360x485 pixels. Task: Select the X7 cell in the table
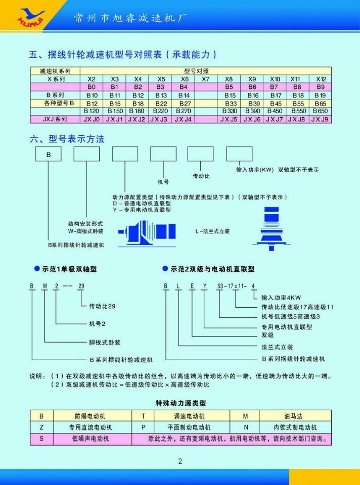click(x=205, y=79)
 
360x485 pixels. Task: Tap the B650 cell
click(x=320, y=111)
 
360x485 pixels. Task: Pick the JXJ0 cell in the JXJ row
click(x=92, y=119)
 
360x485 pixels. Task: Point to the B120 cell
click(x=92, y=111)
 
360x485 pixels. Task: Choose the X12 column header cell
click(x=321, y=79)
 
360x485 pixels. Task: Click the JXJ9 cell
click(x=320, y=119)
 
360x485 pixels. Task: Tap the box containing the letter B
click(x=48, y=154)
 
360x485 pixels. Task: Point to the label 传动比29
click(x=103, y=306)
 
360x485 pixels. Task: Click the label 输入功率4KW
click(x=281, y=298)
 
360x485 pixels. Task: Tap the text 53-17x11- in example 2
click(x=232, y=286)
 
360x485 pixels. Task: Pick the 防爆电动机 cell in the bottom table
click(x=90, y=416)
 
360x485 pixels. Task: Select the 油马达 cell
click(x=294, y=416)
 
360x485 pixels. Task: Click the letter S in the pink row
click(x=41, y=439)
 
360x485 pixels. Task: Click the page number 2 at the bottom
click(x=180, y=460)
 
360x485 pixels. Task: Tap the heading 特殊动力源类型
click(x=181, y=403)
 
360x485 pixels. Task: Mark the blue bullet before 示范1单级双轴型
click(x=36, y=269)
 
